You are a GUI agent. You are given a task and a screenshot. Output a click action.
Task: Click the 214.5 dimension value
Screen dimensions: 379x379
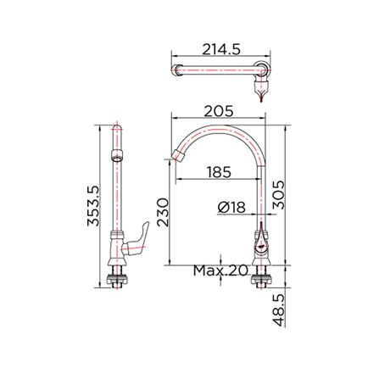pos(221,49)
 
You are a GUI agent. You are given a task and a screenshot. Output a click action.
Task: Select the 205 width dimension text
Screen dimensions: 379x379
pos(219,111)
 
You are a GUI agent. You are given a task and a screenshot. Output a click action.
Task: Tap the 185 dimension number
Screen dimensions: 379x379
pos(219,172)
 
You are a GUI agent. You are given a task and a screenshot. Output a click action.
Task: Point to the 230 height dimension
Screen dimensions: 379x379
pos(163,212)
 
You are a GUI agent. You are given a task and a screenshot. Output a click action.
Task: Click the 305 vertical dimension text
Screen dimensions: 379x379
pos(278,195)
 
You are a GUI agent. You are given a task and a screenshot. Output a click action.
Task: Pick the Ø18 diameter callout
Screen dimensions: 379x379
pos(231,208)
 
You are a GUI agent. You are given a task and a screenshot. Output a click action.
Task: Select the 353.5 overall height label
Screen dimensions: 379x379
pos(93,206)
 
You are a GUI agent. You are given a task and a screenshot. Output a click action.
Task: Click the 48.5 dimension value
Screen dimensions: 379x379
pos(278,309)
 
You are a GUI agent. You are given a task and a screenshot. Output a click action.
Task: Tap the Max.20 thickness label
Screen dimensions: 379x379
pos(220,270)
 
